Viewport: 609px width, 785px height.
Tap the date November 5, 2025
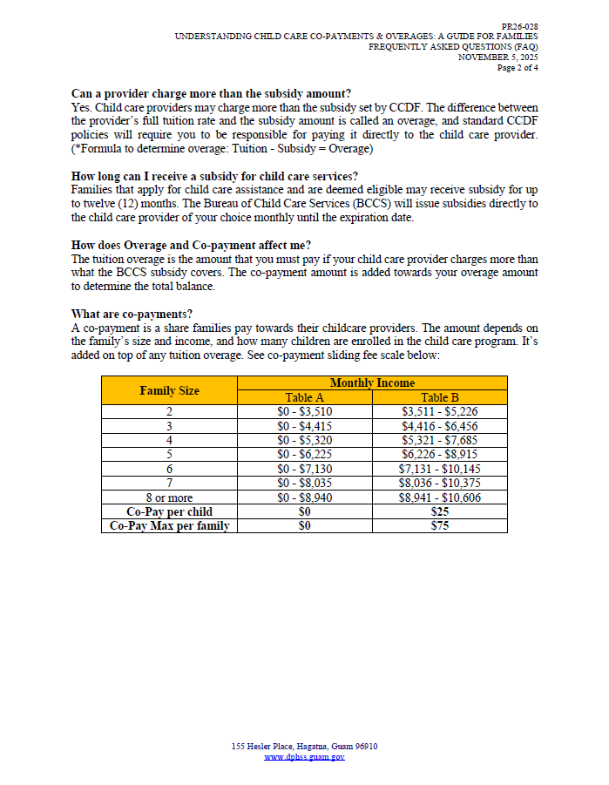tap(498, 57)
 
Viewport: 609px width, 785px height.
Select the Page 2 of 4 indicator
tap(518, 67)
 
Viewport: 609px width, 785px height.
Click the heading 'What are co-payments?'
tap(132, 314)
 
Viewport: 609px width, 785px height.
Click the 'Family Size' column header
tap(170, 390)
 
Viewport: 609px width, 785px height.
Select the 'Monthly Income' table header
tap(372, 383)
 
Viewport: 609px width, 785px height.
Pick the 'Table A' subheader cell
tap(305, 397)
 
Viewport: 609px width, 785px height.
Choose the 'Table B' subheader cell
tap(439, 397)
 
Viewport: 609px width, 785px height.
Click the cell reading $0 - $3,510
tap(305, 411)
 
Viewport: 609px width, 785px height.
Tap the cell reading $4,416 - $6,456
tap(439, 426)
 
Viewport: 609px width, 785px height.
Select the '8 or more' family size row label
tap(170, 497)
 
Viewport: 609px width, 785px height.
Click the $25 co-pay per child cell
tap(439, 511)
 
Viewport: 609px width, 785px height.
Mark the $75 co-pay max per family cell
tap(439, 525)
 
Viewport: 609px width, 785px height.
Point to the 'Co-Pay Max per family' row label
tap(170, 525)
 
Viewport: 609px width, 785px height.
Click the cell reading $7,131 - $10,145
tap(439, 469)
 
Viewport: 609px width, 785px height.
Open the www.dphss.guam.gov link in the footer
tap(304, 757)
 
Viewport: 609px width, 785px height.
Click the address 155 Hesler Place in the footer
tap(304, 747)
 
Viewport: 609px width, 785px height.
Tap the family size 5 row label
tap(170, 454)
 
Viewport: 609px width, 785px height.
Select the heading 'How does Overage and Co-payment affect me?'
tap(191, 246)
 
